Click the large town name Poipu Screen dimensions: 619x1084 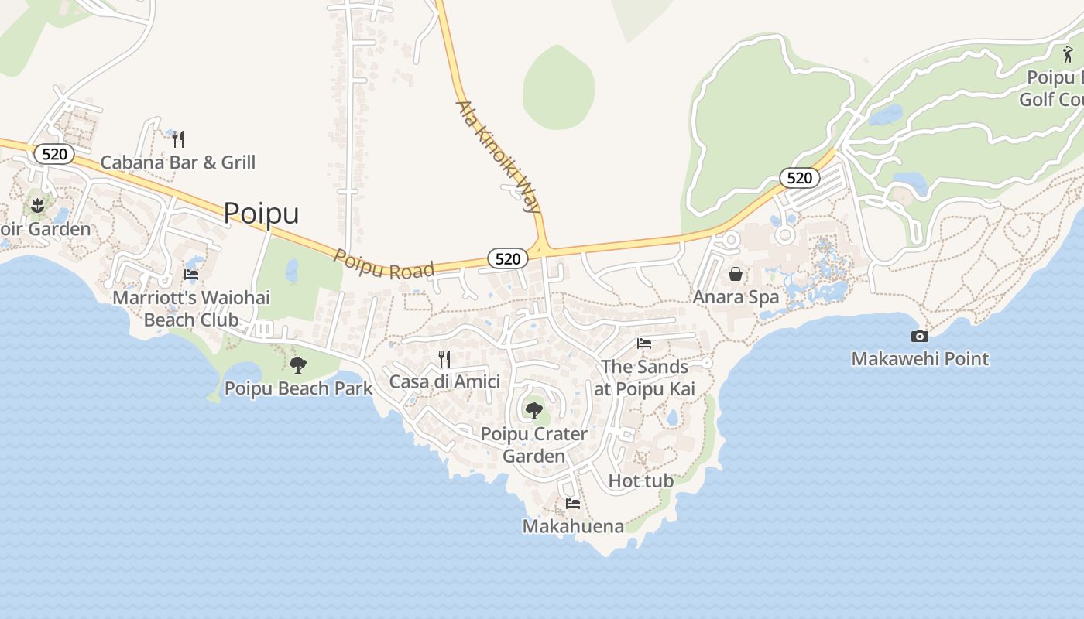pos(261,213)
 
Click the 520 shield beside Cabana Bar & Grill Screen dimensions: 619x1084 pos(54,154)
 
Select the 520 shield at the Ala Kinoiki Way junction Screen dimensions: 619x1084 pos(508,258)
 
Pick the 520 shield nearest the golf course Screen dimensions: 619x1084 pos(799,178)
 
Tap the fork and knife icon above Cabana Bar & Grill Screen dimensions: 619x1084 pos(178,139)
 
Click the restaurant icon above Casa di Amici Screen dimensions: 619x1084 pos(444,358)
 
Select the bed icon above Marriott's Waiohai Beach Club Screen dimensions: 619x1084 pos(191,275)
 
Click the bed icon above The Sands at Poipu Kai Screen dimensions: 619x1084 pos(644,344)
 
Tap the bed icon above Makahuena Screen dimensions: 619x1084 pos(573,504)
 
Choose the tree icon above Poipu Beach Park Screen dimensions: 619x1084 pos(298,365)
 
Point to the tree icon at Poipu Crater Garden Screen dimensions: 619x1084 pos(533,410)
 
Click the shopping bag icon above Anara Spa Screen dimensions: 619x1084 pos(736,274)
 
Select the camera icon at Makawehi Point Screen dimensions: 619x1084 pos(920,336)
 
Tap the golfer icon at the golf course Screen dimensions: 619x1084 pos(1068,55)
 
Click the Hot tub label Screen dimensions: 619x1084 pos(641,480)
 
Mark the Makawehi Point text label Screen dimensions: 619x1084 pos(920,359)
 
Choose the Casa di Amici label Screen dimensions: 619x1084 pos(444,381)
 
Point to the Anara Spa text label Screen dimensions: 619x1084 pos(736,297)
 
